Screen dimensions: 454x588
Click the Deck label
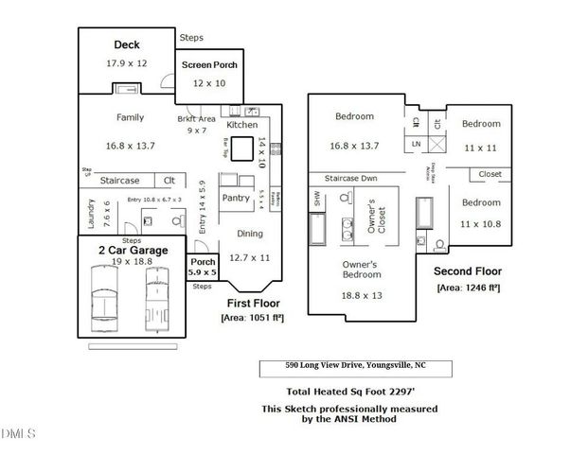(127, 44)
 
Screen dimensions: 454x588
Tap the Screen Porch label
(208, 65)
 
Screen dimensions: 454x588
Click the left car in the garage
(102, 295)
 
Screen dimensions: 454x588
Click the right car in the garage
(157, 295)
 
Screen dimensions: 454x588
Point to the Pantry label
(235, 198)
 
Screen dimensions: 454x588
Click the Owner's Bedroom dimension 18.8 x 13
(361, 296)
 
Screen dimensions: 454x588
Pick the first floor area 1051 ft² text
(253, 318)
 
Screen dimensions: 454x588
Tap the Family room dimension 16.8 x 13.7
(131, 146)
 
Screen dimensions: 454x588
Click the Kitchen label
(241, 125)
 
